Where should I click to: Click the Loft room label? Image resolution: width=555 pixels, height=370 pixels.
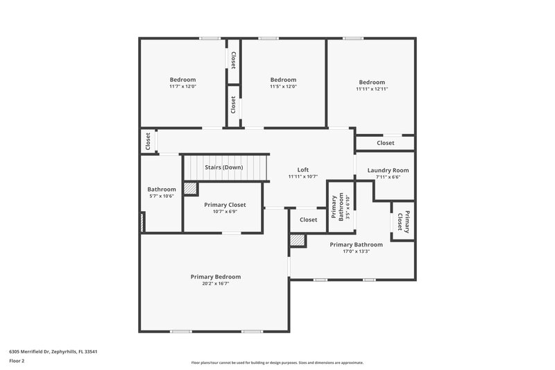coord(302,169)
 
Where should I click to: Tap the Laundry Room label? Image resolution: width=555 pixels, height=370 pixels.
coord(388,170)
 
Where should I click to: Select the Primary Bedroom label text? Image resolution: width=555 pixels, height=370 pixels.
coord(216,276)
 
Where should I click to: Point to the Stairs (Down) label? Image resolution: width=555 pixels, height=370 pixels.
coord(223,167)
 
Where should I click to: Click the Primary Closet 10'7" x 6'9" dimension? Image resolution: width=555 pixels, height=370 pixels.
coord(225,212)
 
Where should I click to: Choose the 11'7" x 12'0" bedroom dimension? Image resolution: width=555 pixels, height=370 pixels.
coord(182,87)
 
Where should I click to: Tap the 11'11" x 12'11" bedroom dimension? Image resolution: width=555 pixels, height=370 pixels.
coord(372,89)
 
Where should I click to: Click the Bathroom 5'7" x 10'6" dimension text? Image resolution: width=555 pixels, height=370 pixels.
coord(162,196)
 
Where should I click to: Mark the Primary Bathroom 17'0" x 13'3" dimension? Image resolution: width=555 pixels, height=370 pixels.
coord(356,251)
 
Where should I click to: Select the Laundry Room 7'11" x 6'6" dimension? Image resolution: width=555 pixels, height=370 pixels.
coord(388,177)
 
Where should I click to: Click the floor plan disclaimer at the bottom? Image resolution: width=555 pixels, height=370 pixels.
coord(277,362)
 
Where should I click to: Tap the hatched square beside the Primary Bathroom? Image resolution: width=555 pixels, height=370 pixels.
coord(298,240)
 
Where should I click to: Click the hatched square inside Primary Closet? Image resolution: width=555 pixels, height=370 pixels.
coord(190,188)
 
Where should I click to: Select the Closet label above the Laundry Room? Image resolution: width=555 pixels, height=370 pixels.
coord(385,143)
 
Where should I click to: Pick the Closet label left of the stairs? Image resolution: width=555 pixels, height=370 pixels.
coord(148,142)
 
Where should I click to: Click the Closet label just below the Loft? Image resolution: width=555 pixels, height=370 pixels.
coord(308,219)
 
